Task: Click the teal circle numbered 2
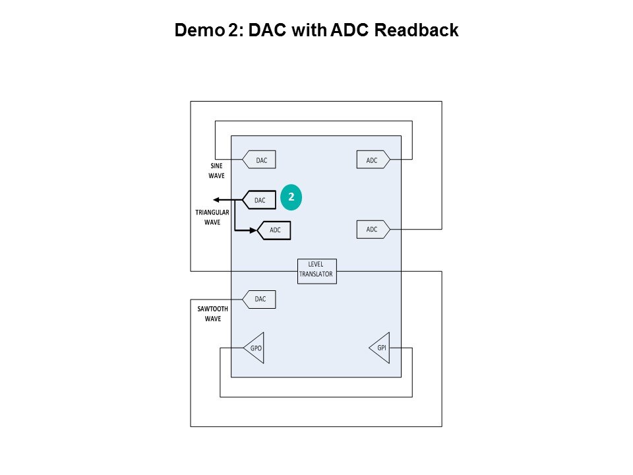[x=291, y=197]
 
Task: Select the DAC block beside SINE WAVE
[x=260, y=159]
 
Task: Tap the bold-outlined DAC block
[x=260, y=200]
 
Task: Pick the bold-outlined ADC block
[x=275, y=230]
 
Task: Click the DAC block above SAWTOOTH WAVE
[x=260, y=299]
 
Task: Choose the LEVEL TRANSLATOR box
[x=316, y=270]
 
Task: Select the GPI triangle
[x=380, y=348]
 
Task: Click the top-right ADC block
[x=373, y=159]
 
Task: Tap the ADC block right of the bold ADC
[x=373, y=229]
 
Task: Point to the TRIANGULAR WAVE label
[x=212, y=217]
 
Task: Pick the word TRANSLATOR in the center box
[x=316, y=274]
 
